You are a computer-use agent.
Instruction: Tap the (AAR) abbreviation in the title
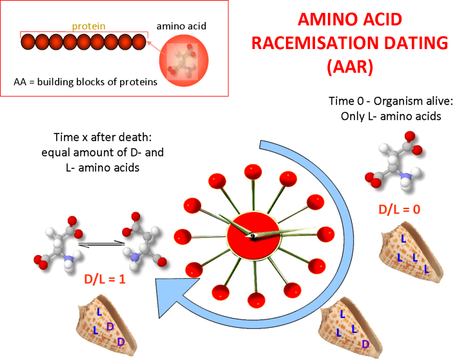350,66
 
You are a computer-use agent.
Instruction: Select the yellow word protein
88,26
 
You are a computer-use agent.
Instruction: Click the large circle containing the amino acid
183,61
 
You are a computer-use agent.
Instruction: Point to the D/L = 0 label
399,209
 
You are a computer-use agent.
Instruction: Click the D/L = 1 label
105,279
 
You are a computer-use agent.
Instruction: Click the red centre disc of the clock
253,236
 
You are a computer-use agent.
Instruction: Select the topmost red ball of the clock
253,172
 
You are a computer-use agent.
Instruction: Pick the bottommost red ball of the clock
256,300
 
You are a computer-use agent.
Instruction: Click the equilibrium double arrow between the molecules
101,244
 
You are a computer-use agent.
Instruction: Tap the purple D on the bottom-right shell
365,344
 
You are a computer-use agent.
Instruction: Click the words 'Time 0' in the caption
346,101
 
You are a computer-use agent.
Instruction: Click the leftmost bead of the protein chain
28,42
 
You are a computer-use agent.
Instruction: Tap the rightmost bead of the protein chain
139,42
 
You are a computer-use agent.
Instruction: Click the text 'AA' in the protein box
20,82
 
